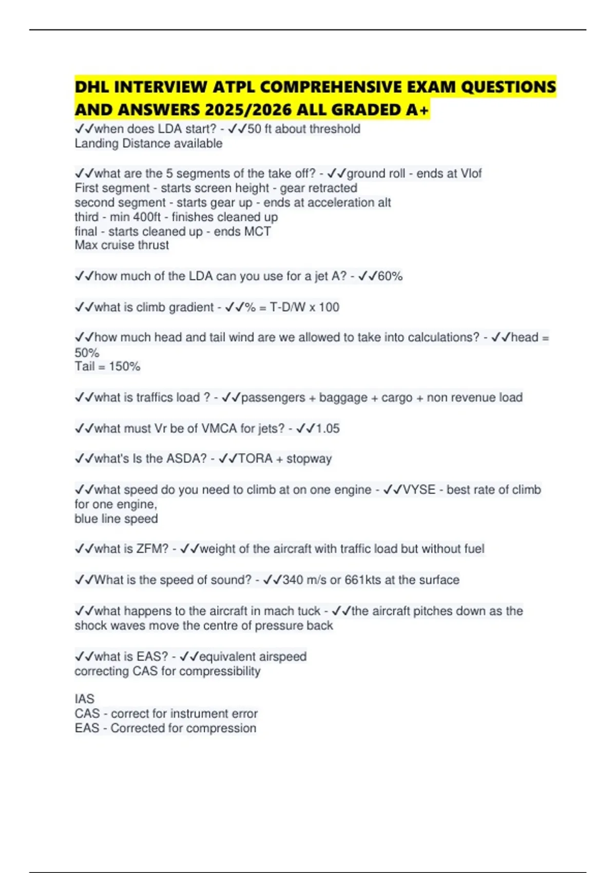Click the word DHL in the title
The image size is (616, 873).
(x=91, y=87)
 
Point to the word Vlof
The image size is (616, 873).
(x=471, y=174)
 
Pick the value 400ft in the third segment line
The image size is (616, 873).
(x=147, y=217)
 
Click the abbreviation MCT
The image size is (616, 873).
(x=257, y=232)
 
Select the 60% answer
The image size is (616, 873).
(x=390, y=276)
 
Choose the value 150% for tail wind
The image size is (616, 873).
(x=125, y=367)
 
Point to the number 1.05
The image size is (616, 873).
(x=328, y=428)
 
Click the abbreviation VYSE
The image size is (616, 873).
(x=419, y=490)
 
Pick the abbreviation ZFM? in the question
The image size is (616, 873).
(x=152, y=549)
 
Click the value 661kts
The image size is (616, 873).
(x=363, y=580)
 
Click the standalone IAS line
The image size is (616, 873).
(x=85, y=699)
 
